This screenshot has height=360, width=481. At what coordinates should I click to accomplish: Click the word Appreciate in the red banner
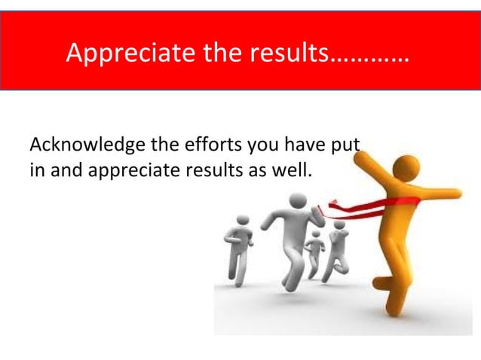(x=120, y=53)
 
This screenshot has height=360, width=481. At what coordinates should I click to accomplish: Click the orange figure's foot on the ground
(x=391, y=309)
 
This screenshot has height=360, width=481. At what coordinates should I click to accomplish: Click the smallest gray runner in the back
(x=314, y=246)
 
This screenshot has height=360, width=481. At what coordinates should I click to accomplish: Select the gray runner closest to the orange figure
(x=337, y=245)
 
